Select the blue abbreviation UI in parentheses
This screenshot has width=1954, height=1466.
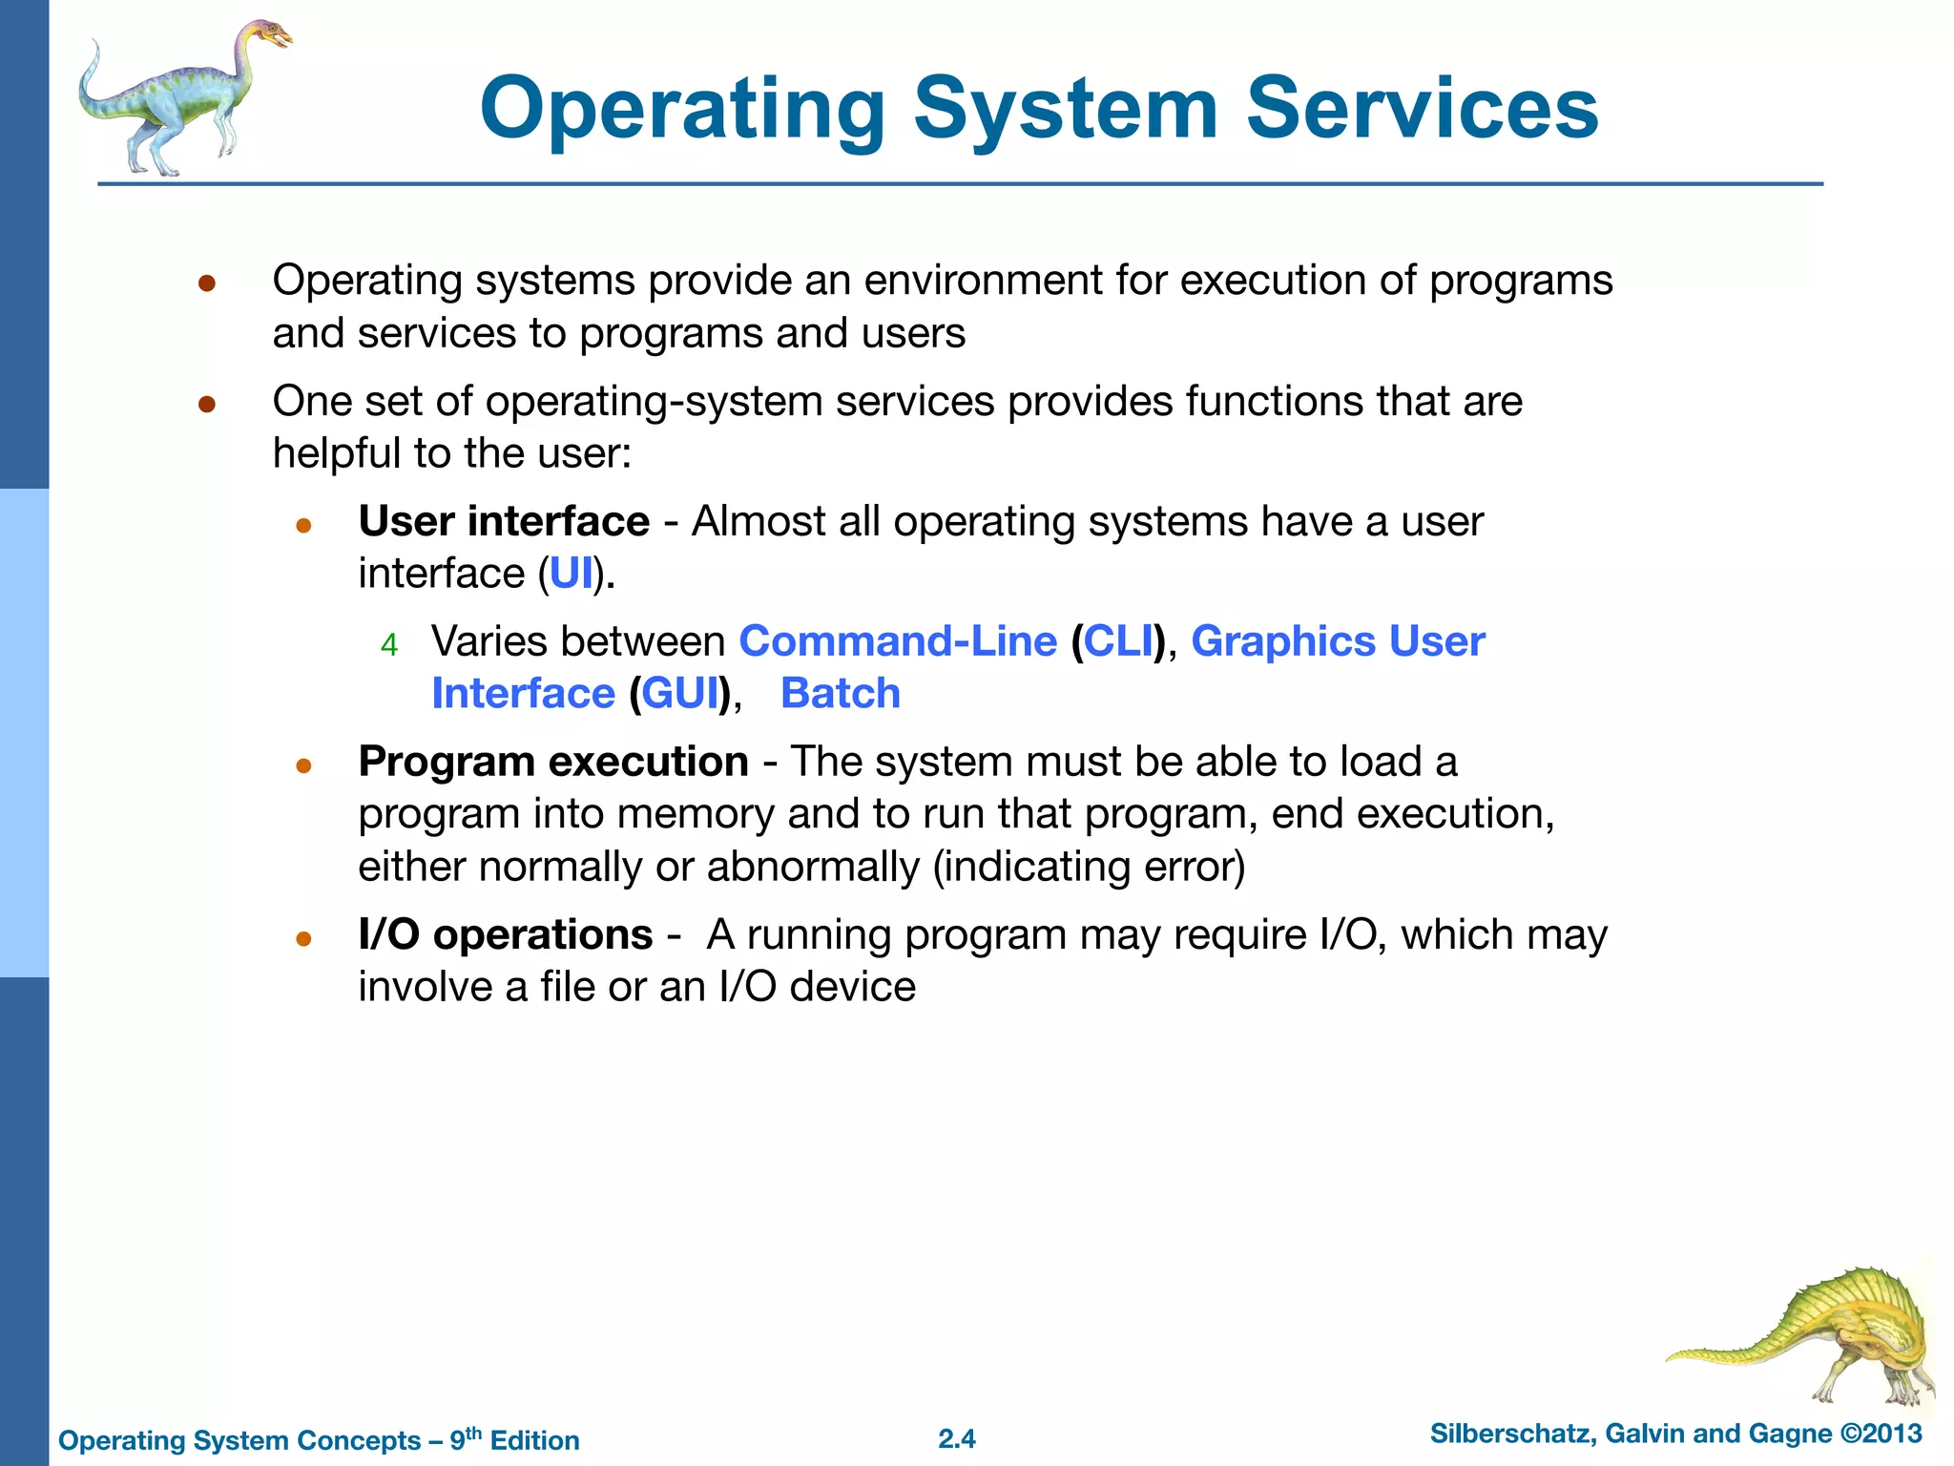(572, 574)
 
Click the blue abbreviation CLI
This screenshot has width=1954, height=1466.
(1118, 641)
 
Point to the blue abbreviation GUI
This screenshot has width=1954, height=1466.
(679, 694)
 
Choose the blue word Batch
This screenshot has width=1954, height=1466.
(840, 694)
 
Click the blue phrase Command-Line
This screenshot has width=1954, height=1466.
(898, 641)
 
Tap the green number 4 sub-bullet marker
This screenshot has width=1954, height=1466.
(388, 646)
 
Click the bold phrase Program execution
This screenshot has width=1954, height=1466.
(553, 762)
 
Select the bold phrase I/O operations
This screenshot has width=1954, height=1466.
(506, 934)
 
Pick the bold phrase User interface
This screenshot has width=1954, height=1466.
(504, 521)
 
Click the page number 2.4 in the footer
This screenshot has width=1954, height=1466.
(957, 1438)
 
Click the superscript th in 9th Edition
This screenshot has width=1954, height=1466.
(473, 1432)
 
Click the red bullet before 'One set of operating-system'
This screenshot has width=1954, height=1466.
(207, 405)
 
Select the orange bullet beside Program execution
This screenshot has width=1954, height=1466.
(304, 765)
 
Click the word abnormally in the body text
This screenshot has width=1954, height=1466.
(812, 867)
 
